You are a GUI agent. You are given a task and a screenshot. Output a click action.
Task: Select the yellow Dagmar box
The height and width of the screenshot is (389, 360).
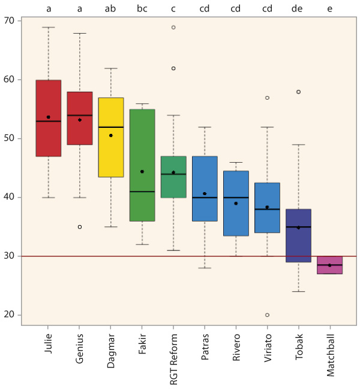(111, 137)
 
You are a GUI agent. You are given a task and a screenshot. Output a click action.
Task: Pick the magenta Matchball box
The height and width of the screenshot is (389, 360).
(329, 265)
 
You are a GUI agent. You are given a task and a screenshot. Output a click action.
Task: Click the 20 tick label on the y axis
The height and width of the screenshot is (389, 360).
(10, 315)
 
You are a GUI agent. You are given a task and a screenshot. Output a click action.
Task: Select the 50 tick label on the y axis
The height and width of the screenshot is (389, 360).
(10, 139)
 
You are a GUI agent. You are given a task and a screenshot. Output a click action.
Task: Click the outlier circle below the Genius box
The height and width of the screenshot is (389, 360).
(80, 227)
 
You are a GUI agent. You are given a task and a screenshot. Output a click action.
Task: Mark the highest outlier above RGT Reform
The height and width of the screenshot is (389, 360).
(173, 27)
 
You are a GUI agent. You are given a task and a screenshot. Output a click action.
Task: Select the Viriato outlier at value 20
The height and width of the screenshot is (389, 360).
(267, 315)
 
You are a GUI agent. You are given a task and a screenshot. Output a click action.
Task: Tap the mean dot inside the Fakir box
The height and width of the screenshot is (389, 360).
(142, 172)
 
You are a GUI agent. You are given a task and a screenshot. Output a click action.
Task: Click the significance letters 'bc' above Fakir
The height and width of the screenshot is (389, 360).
(142, 9)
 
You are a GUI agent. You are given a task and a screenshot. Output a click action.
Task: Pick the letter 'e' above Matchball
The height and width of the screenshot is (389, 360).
(329, 9)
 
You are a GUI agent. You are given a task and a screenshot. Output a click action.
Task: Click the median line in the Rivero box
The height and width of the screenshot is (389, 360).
(236, 198)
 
